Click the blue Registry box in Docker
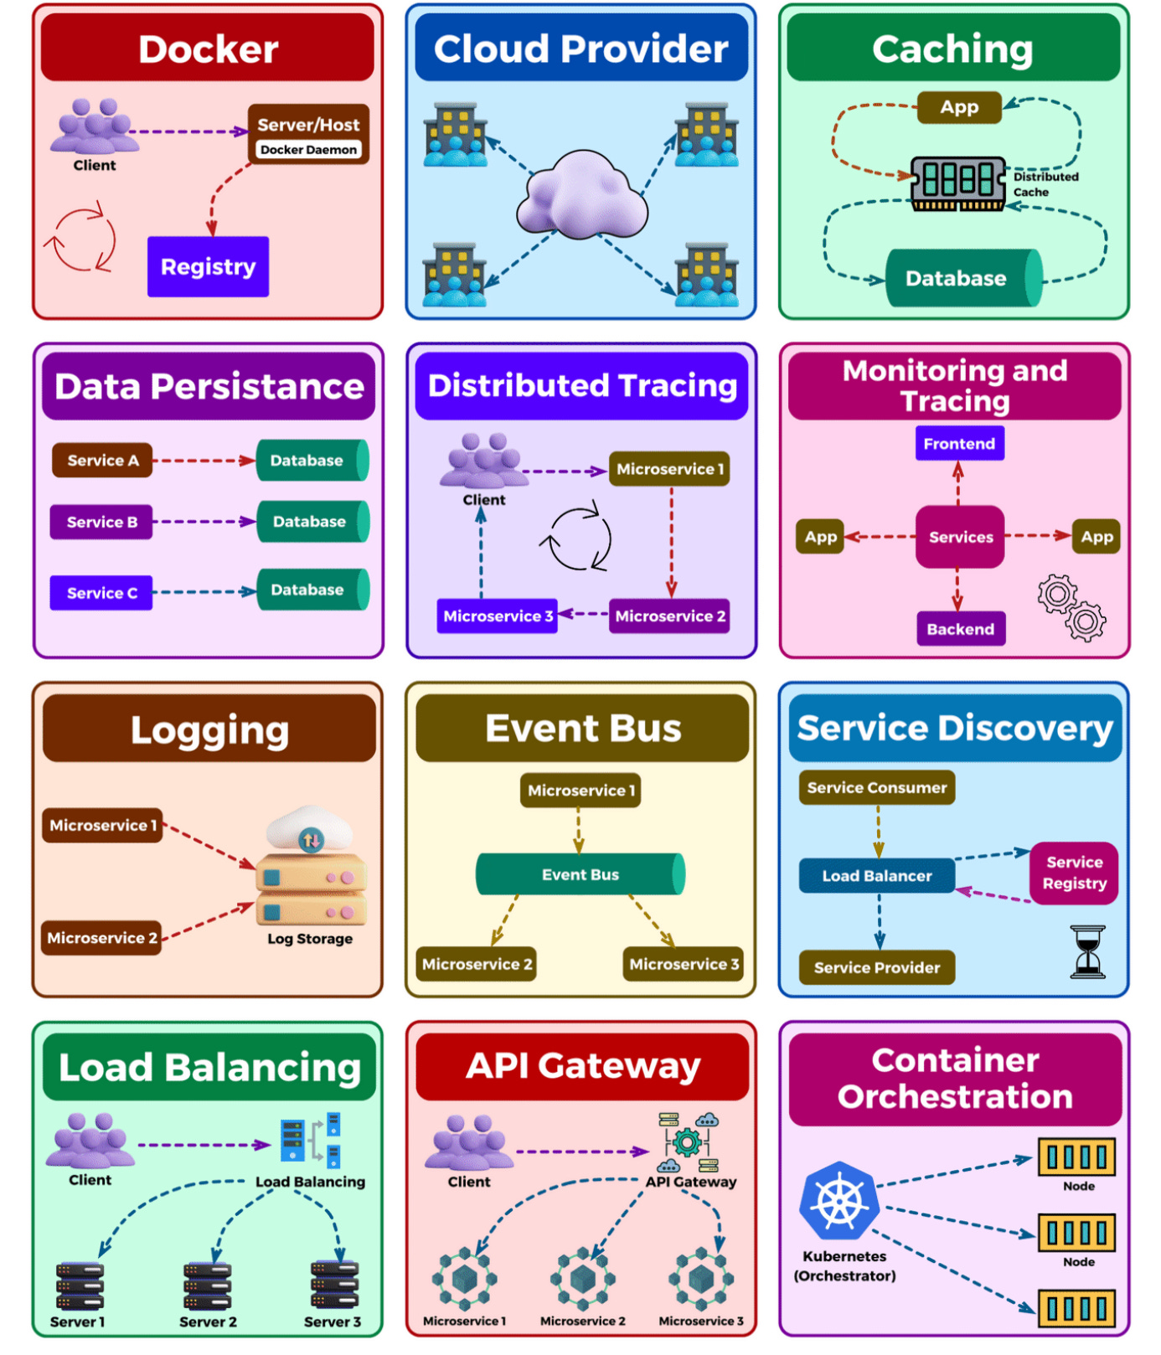point(208,266)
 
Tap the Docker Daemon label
point(308,150)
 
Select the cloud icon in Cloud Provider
point(581,195)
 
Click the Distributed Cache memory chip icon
point(958,182)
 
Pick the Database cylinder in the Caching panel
point(963,278)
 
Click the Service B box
point(101,522)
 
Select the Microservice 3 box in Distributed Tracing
point(498,616)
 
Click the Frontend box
point(959,444)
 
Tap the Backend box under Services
point(960,629)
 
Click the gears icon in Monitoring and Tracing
point(1071,608)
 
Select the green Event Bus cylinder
point(580,874)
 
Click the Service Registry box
point(1074,873)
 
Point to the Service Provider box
point(876,967)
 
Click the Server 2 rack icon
point(207,1285)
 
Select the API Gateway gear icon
point(688,1142)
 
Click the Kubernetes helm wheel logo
point(839,1201)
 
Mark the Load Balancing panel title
point(209,1067)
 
